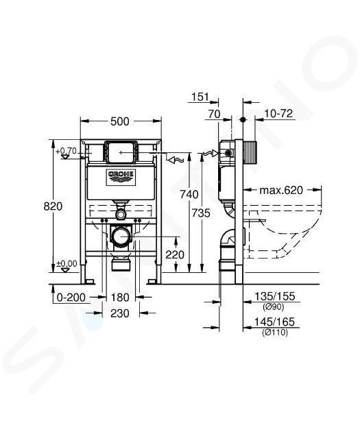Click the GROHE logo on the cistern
pyautogui.click(x=121, y=178)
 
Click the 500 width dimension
pyautogui.click(x=120, y=121)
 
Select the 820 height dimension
pyautogui.click(x=53, y=206)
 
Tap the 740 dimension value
pyautogui.click(x=189, y=194)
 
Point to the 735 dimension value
pyautogui.click(x=201, y=213)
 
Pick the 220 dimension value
pyautogui.click(x=175, y=254)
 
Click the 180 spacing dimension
pyautogui.click(x=120, y=298)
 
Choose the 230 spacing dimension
pyautogui.click(x=120, y=313)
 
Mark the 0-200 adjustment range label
pyautogui.click(x=71, y=298)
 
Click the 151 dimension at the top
pyautogui.click(x=200, y=97)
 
